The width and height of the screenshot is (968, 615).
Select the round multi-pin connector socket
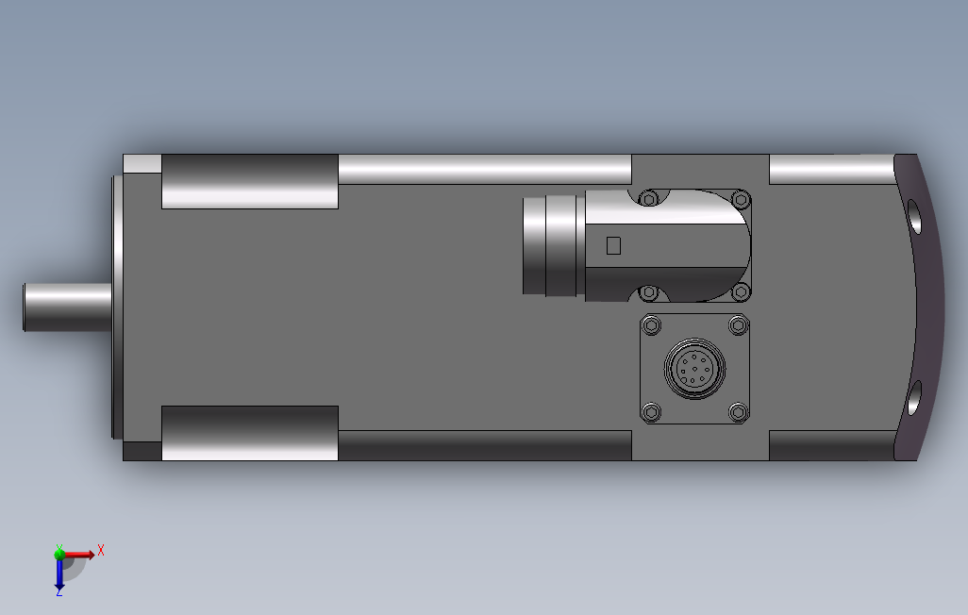tap(694, 369)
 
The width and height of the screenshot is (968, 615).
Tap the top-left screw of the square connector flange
tap(650, 326)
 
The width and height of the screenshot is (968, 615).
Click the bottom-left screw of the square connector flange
tap(650, 411)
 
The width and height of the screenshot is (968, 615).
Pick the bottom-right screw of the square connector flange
tap(740, 411)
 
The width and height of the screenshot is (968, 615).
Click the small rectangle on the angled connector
tap(613, 245)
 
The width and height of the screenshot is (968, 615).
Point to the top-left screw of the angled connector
tap(648, 198)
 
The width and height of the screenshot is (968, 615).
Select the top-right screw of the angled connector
tap(741, 199)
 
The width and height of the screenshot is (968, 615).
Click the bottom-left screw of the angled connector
tap(648, 291)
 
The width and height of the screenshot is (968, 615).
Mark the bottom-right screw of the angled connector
tap(741, 291)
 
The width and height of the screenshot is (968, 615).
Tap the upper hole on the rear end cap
tap(915, 218)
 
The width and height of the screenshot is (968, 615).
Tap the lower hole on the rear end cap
tap(915, 396)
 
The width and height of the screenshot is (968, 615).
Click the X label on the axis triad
tap(101, 550)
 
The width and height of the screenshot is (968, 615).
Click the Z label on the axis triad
tap(58, 592)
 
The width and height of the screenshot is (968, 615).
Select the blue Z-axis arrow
tap(58, 573)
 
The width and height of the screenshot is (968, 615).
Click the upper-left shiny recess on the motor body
tap(250, 181)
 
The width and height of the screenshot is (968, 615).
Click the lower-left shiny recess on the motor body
tap(250, 433)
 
